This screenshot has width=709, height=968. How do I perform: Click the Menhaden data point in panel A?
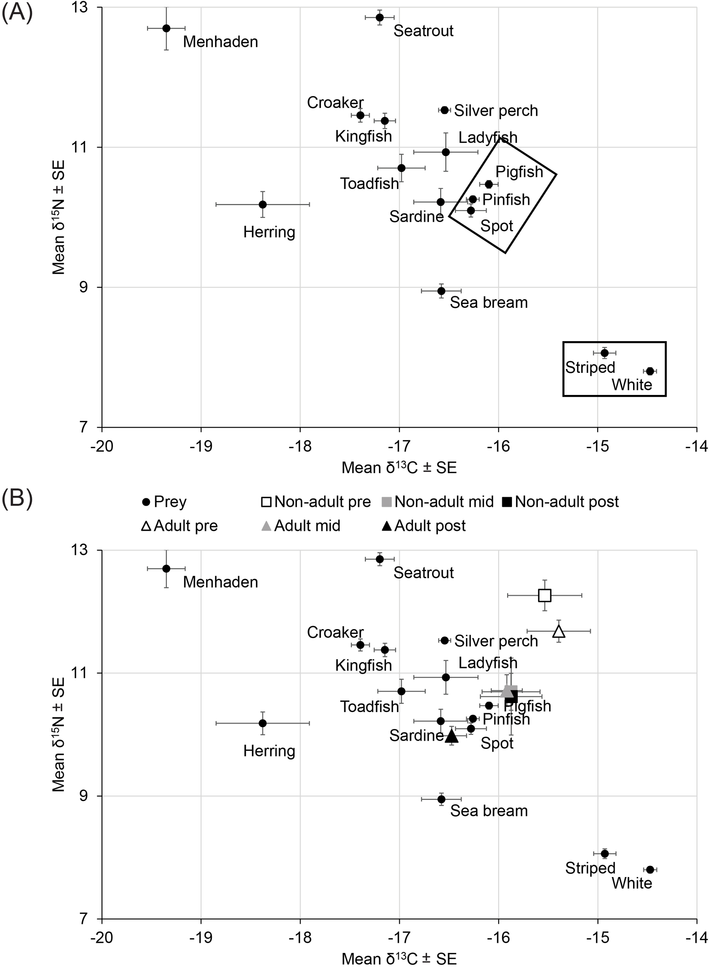click(x=166, y=28)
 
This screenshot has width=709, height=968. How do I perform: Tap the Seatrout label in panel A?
click(x=423, y=31)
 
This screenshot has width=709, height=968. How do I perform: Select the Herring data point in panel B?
click(x=263, y=723)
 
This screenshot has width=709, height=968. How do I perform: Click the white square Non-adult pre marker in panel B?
click(x=545, y=596)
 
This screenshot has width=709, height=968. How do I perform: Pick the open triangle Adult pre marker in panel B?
click(x=559, y=632)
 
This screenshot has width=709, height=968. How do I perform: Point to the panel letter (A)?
click(x=17, y=13)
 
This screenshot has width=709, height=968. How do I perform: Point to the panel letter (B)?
click(x=17, y=500)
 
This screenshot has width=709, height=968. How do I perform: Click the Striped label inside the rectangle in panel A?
click(x=590, y=367)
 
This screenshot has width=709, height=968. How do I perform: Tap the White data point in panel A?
click(x=650, y=371)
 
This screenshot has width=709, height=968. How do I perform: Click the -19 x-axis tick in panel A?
click(x=201, y=446)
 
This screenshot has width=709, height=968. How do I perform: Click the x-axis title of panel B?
click(x=399, y=959)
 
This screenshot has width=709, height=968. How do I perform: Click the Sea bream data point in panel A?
click(x=441, y=291)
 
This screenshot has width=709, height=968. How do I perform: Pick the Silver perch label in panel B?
click(x=496, y=641)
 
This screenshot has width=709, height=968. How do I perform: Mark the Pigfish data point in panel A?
click(x=488, y=185)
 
